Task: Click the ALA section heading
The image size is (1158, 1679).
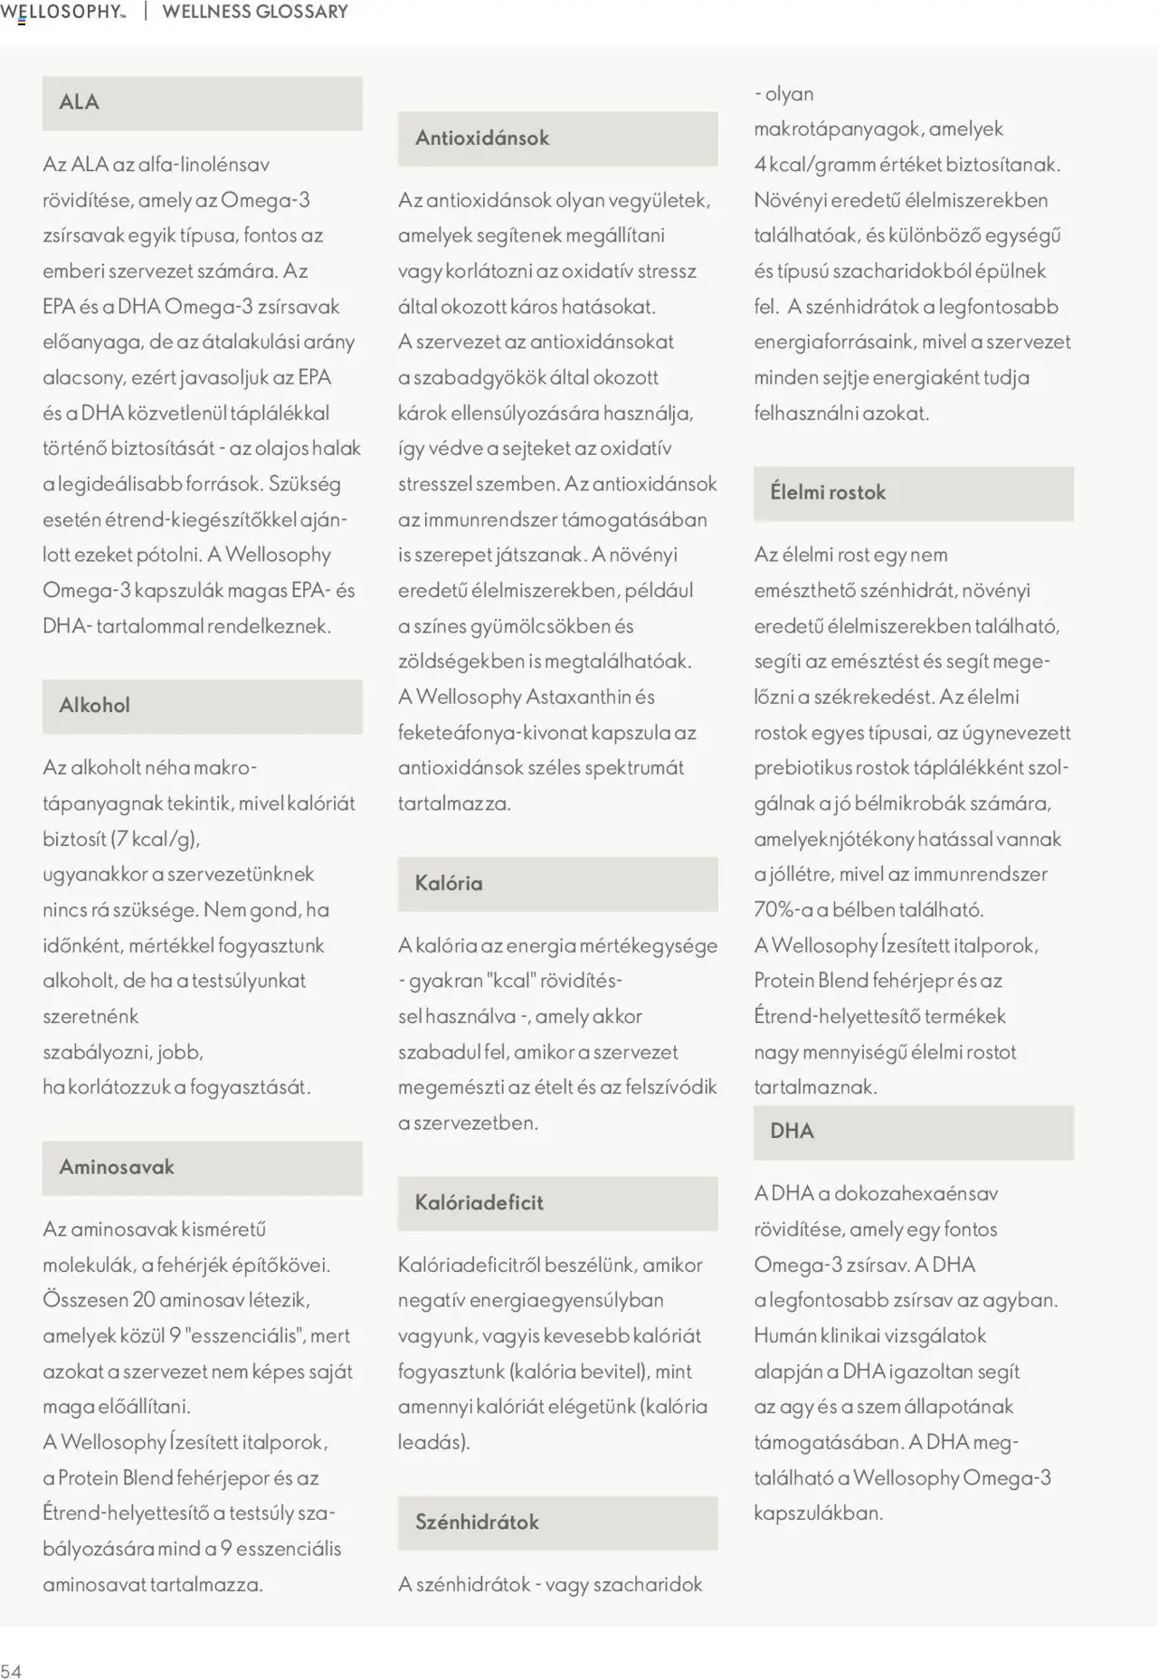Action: coord(80,102)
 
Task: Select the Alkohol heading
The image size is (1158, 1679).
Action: coord(95,706)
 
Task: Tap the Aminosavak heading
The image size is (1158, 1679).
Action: coord(117,1167)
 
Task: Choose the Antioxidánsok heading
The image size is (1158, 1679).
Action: coord(482,138)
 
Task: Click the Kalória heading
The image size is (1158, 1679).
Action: coord(449,884)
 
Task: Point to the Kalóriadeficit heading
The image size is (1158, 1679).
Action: coord(479,1203)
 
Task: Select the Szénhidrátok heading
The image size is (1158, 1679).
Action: coord(477,1522)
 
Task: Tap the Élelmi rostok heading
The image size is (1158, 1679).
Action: coord(828,493)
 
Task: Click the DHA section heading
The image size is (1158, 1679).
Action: coord(793,1132)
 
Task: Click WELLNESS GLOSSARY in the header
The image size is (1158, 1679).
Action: coord(255,12)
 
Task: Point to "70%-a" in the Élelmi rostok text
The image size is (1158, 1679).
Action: coord(783,910)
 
